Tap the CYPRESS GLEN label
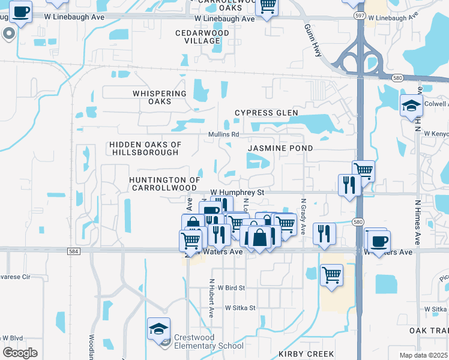267,113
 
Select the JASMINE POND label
280,148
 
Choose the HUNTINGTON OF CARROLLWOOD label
164,184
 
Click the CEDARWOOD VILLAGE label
198,37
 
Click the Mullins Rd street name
224,134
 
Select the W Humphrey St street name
238,192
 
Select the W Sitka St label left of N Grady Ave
240,308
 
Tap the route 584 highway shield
73,251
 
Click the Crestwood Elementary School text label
209,341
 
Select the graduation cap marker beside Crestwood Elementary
158,329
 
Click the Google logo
20,352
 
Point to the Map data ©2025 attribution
423,355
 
